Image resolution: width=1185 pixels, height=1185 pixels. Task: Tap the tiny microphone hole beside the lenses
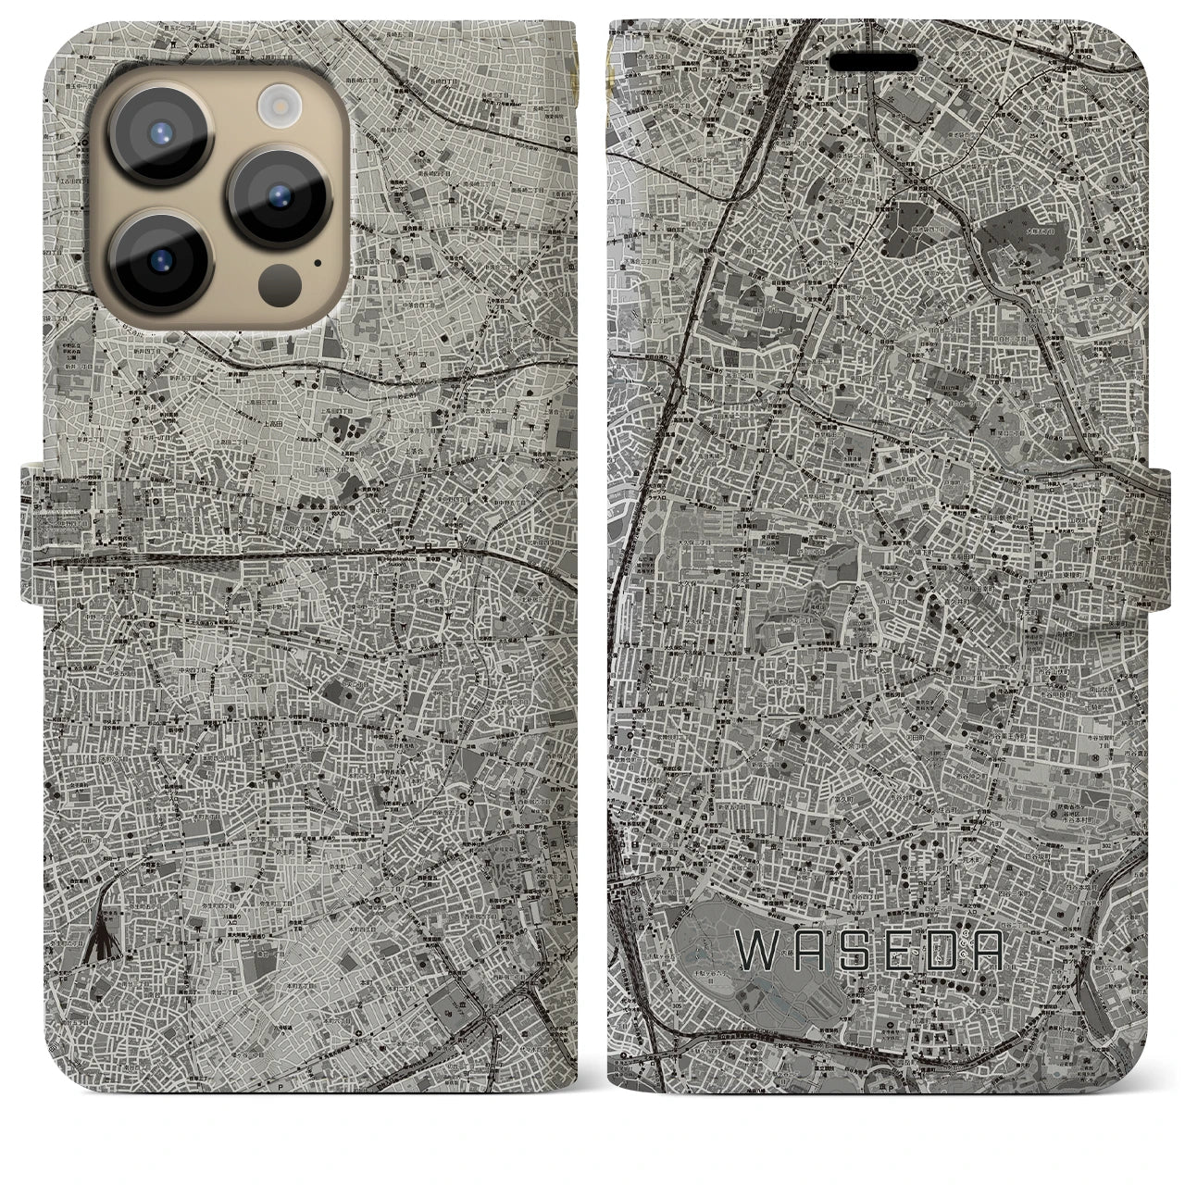coord(318,262)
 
